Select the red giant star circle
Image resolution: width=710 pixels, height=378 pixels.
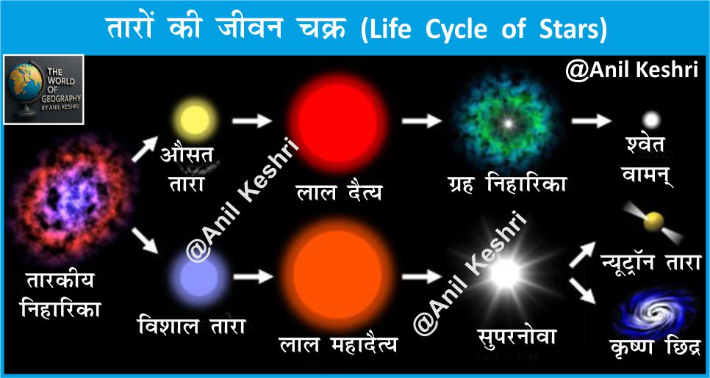click(x=337, y=123)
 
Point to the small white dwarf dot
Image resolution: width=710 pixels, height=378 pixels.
click(x=652, y=120)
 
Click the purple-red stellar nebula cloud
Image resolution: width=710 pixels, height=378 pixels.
click(x=69, y=199)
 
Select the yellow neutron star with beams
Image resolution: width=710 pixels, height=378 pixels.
click(x=653, y=222)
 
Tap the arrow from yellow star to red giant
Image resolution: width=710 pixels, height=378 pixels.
click(x=252, y=121)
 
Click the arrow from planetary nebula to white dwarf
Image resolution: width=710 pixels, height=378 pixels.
click(x=592, y=121)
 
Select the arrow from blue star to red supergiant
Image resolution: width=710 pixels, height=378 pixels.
click(x=253, y=276)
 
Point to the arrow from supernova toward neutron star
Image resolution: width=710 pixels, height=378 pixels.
click(x=582, y=254)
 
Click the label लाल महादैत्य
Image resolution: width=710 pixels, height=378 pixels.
click(x=338, y=344)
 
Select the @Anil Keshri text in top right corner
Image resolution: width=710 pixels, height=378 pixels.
click(x=631, y=70)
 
